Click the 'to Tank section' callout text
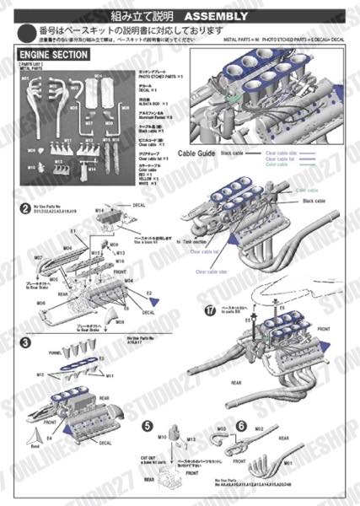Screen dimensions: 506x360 click(196, 240)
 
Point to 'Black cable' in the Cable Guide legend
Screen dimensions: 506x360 click(233, 153)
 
